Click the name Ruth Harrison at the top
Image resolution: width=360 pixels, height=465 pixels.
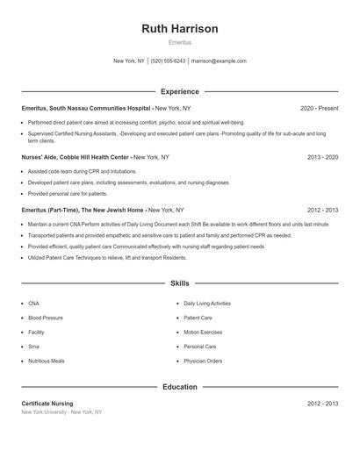pos(180,29)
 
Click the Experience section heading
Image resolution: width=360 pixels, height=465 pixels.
pos(180,91)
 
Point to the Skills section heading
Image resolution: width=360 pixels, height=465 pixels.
pos(180,283)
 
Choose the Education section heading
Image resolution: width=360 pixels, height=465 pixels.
pos(180,386)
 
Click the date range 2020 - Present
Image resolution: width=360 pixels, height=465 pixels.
pos(320,108)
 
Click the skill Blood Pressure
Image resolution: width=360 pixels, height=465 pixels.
pos(46,318)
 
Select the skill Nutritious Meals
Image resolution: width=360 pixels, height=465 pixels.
pos(47,361)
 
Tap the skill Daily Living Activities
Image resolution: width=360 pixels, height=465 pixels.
pos(207,303)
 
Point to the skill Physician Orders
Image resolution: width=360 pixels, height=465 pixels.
pos(203,361)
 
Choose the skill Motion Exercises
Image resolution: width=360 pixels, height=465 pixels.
pos(203,332)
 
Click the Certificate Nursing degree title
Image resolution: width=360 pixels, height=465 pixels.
pos(47,403)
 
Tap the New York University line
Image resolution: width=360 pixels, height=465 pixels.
pos(61,411)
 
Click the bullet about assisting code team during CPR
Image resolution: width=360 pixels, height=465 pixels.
pos(83,171)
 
